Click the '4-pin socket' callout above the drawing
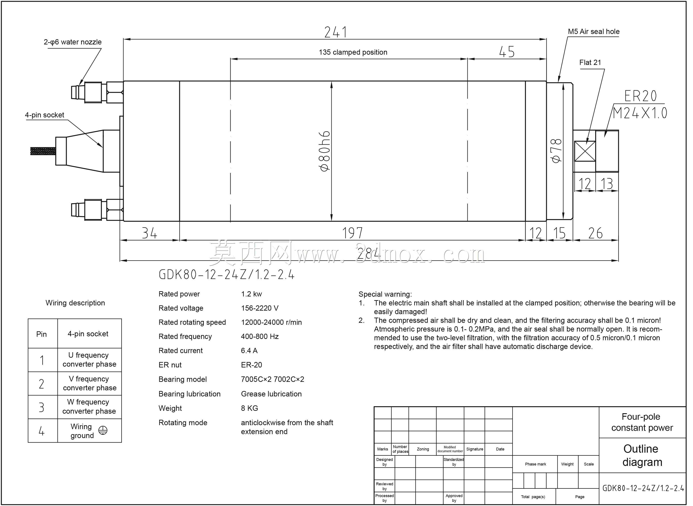tap(45, 115)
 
